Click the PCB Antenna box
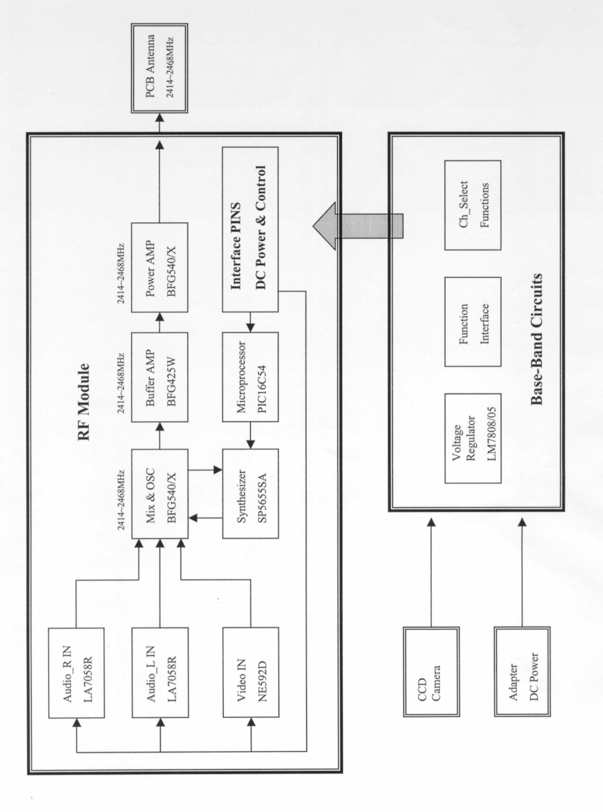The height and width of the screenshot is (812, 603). coord(159,68)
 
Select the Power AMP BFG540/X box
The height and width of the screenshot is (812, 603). coord(159,267)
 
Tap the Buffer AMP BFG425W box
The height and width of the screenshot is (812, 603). coord(159,377)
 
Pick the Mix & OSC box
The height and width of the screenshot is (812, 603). coord(159,493)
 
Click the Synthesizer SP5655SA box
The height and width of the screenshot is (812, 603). coord(250,493)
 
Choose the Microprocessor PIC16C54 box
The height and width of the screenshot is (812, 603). coord(250,377)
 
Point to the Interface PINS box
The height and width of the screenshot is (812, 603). coord(250,230)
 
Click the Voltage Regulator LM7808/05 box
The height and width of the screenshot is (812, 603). coord(473,438)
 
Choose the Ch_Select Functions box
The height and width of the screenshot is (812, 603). coord(473,205)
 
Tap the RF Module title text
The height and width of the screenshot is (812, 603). coord(84,402)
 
